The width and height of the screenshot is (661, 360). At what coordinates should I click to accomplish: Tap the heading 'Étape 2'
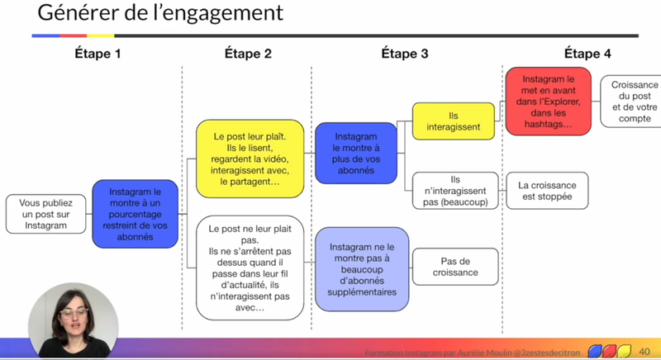tap(248, 54)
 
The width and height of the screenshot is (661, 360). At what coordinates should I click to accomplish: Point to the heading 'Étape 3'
tap(404, 54)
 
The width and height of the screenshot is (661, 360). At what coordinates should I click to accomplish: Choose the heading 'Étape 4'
tap(587, 54)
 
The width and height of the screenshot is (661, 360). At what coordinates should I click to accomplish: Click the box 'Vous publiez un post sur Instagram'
tap(45, 214)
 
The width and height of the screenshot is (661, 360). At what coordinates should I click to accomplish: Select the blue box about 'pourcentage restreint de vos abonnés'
tap(135, 213)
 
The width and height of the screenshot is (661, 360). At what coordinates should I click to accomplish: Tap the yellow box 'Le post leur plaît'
tap(249, 159)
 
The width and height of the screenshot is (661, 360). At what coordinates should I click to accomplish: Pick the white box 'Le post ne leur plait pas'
tap(249, 267)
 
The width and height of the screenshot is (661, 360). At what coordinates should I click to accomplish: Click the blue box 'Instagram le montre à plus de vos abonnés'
tap(355, 153)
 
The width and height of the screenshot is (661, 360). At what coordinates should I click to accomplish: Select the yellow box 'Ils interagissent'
tap(453, 121)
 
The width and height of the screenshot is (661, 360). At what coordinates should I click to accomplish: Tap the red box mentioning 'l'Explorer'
tap(548, 101)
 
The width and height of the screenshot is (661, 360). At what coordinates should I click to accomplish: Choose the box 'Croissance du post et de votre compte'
tap(634, 102)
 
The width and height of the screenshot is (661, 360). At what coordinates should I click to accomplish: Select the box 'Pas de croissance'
tap(454, 267)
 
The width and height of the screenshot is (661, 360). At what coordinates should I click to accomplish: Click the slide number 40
tap(644, 352)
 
